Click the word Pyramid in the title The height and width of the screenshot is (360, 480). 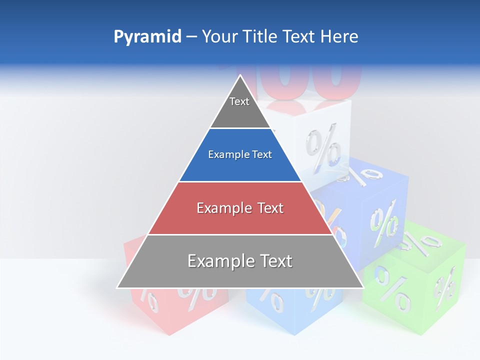point(147,37)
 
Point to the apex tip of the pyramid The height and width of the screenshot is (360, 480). point(240,75)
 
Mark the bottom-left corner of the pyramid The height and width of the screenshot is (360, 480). point(117,287)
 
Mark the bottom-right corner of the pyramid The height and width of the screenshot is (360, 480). point(363,287)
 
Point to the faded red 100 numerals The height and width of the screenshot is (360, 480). point(310,80)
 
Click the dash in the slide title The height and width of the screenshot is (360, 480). point(191,37)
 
